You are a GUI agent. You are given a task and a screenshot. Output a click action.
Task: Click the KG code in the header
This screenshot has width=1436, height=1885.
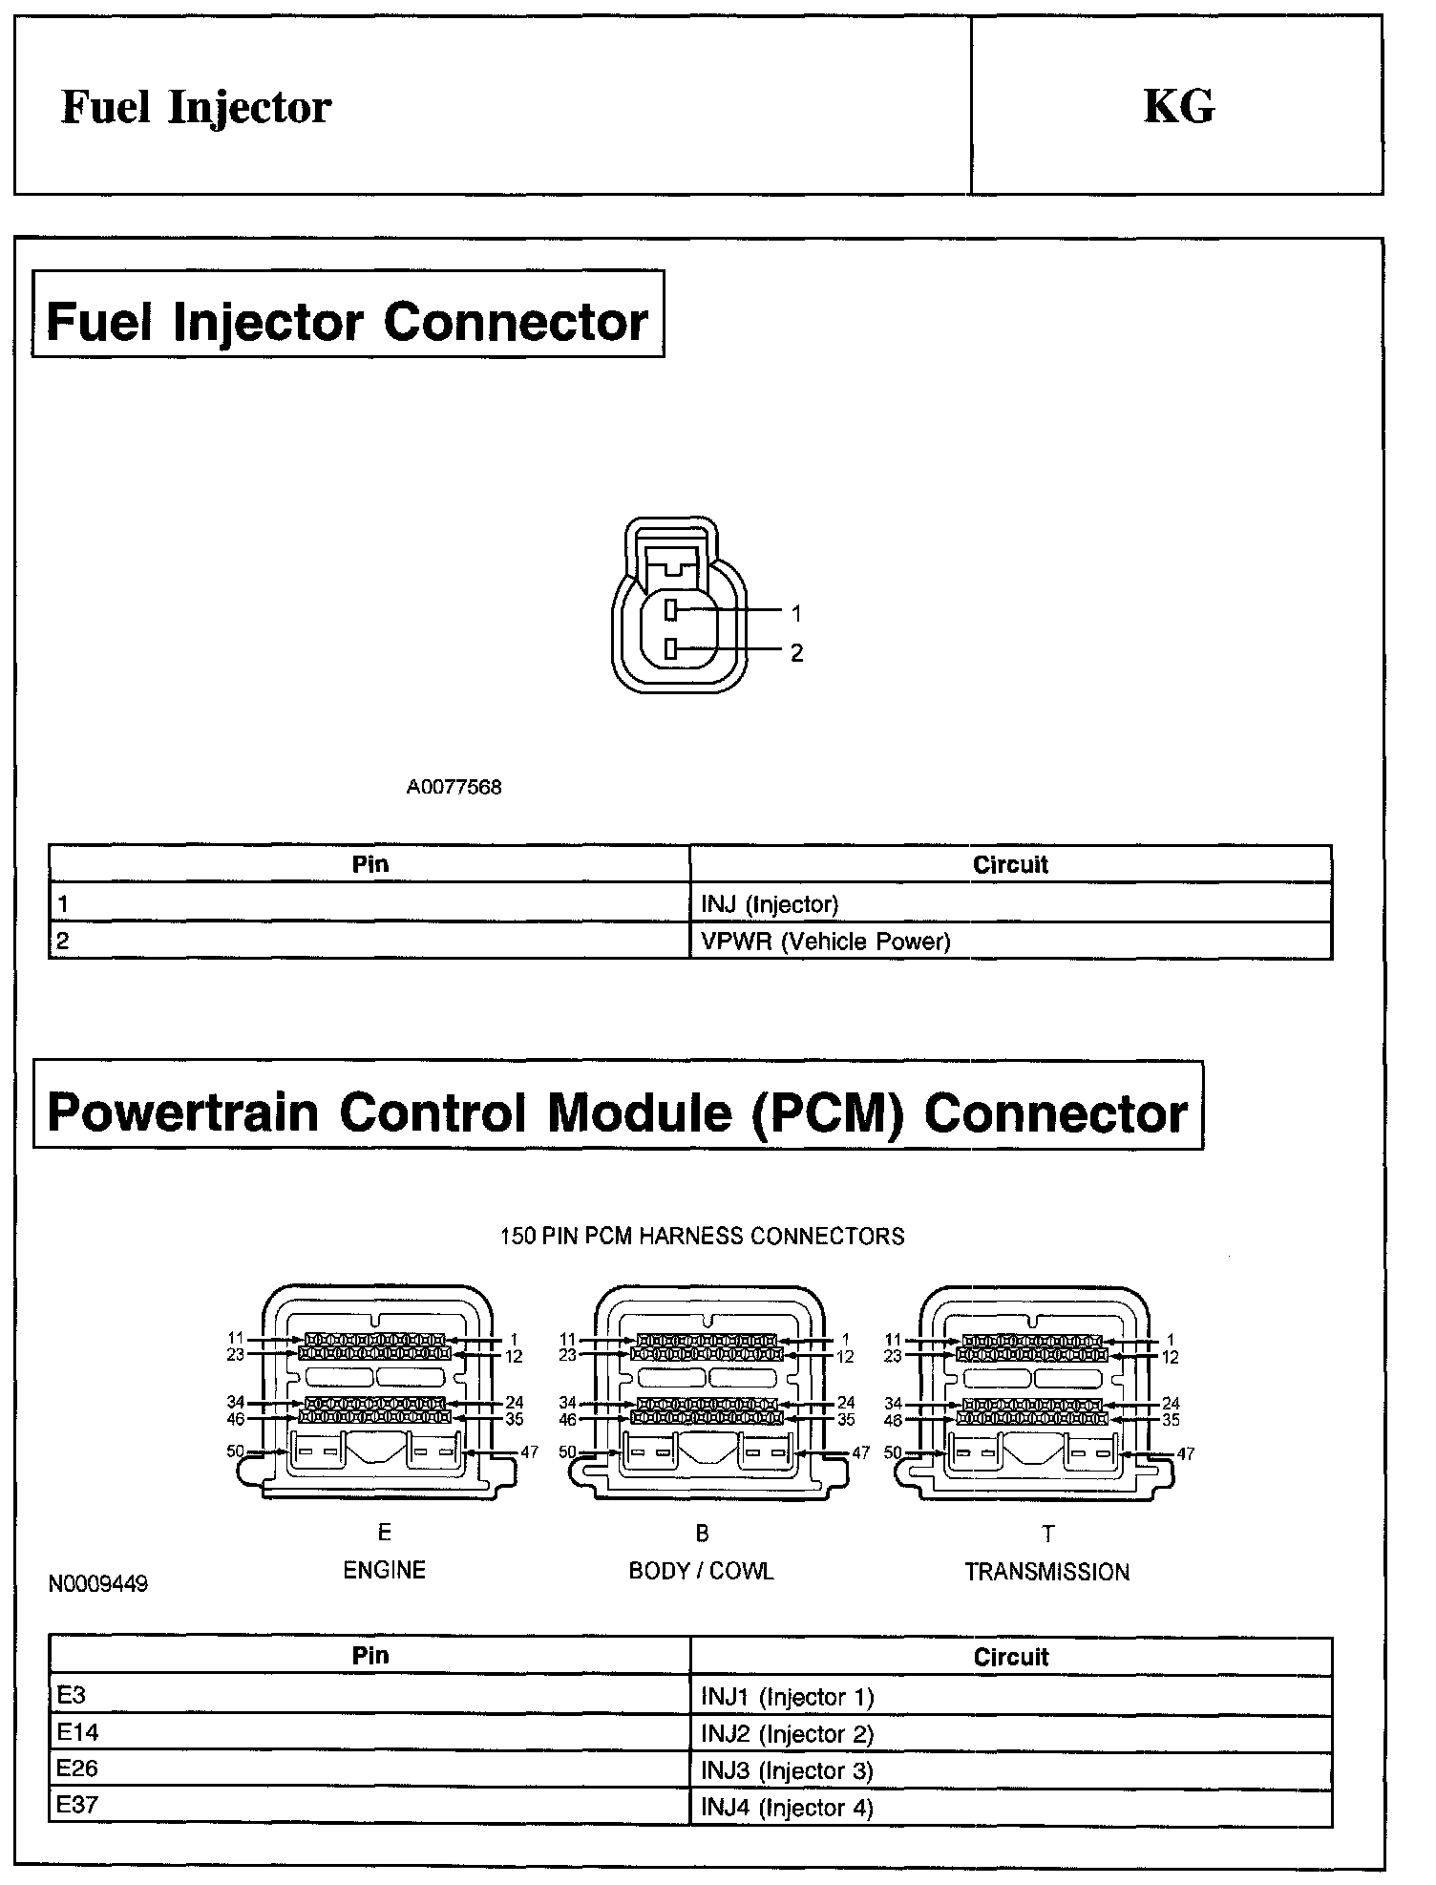click(x=1179, y=106)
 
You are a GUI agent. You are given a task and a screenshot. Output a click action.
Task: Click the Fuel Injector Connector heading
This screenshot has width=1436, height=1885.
click(x=348, y=321)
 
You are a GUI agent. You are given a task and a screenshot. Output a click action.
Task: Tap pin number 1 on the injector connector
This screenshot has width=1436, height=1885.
click(x=796, y=613)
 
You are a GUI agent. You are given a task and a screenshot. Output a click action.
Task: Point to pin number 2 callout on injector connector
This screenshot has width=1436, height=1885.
click(x=796, y=653)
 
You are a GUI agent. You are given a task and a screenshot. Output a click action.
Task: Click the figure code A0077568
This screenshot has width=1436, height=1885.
click(x=454, y=788)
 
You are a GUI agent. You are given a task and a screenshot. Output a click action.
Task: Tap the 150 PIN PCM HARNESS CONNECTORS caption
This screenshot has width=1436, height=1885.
click(x=703, y=1237)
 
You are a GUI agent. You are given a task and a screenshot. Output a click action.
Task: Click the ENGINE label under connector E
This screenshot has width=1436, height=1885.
click(x=385, y=1570)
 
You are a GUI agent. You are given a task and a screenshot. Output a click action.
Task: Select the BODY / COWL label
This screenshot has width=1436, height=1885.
click(x=702, y=1571)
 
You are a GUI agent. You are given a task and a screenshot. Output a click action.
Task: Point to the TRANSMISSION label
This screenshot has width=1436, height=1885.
click(x=1047, y=1572)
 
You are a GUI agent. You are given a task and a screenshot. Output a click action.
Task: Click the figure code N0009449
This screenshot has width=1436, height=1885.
click(x=98, y=1584)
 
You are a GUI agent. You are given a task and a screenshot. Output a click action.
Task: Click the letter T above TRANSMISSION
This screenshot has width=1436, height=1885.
click(x=1048, y=1535)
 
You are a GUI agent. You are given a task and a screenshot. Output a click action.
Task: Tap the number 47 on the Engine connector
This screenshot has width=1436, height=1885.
click(x=529, y=1452)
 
